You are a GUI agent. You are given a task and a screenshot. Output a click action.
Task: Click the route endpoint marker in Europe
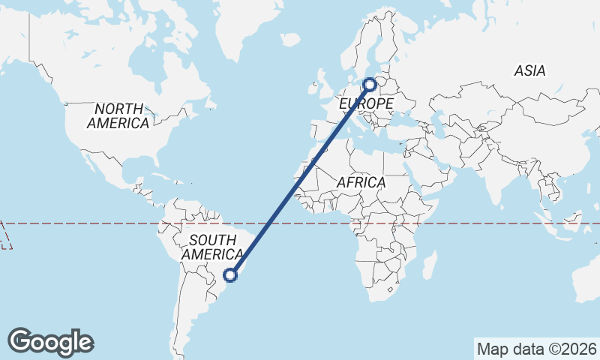pyautogui.click(x=370, y=85)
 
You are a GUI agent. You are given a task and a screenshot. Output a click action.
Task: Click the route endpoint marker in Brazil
pyautogui.click(x=231, y=275)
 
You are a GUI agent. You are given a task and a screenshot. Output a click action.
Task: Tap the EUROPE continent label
pyautogui.click(x=366, y=103)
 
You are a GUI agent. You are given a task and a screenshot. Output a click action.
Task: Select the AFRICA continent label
pyautogui.click(x=361, y=182)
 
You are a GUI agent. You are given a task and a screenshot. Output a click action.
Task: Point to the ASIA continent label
pyautogui.click(x=529, y=71)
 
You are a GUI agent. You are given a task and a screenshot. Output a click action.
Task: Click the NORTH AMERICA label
pyautogui.click(x=118, y=116)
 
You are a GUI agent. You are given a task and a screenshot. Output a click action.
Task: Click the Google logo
pyautogui.click(x=50, y=342)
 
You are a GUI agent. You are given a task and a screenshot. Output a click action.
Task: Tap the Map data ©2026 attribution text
pyautogui.click(x=537, y=349)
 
